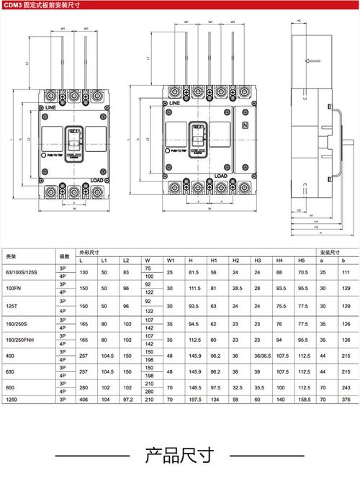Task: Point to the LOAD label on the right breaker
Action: click(x=221, y=175)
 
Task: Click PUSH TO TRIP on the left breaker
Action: click(x=58, y=154)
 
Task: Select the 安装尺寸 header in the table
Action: click(x=329, y=252)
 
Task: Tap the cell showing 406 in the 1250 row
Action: click(x=84, y=399)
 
